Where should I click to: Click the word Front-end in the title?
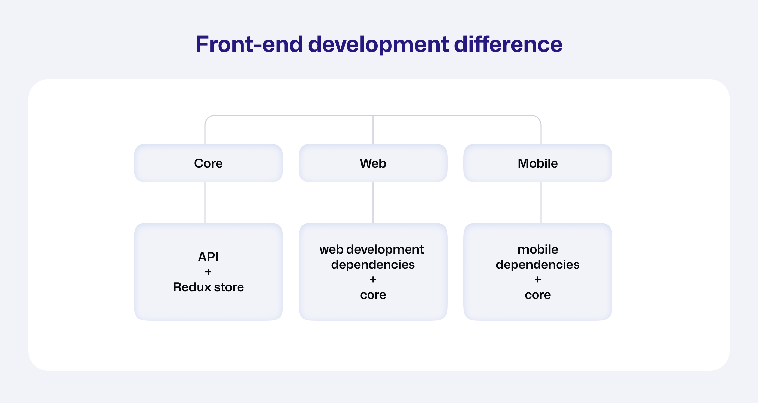(x=249, y=44)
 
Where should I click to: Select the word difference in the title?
(x=508, y=44)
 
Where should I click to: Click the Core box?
(x=208, y=163)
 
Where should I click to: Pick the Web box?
(x=373, y=163)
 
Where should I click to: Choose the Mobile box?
(x=538, y=163)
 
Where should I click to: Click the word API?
(x=208, y=257)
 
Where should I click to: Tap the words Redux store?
(x=208, y=287)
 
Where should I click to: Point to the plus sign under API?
(x=208, y=272)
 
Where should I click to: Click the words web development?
(x=371, y=250)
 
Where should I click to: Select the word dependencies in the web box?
(x=373, y=265)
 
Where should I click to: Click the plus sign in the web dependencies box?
(x=373, y=279)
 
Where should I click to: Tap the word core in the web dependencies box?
(x=373, y=295)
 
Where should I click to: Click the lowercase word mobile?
(x=538, y=249)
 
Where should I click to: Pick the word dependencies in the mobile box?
(x=538, y=265)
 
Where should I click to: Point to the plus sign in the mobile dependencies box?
(x=537, y=279)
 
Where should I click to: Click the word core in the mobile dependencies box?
(x=538, y=295)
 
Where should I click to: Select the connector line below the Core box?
(x=205, y=203)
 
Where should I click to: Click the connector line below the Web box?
(x=373, y=203)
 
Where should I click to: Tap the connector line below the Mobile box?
(x=541, y=203)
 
